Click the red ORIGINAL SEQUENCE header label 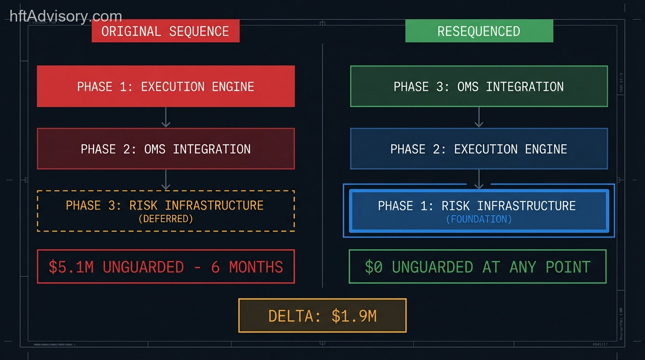165,31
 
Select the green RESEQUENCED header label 479,31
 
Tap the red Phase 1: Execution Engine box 165,86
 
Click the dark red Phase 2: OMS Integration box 165,149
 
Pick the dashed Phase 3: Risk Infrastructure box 165,210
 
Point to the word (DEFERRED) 165,219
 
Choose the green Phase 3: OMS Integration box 479,86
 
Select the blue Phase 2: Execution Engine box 479,149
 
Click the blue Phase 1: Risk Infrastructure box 479,210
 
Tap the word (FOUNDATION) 479,219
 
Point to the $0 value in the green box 374,267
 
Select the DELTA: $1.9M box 322,315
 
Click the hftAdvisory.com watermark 66,16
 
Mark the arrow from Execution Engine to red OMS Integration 165,117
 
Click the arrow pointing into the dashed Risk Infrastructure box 165,180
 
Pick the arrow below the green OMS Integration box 479,117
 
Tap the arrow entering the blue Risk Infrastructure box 479,180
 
